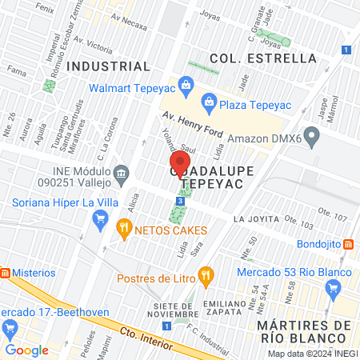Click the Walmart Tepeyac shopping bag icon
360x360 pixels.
pyautogui.click(x=186, y=84)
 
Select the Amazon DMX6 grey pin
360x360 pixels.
pyautogui.click(x=314, y=138)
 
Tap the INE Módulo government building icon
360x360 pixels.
pyautogui.click(x=121, y=172)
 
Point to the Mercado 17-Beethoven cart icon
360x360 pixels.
pyautogui.click(x=10, y=327)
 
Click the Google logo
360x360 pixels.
pyautogui.click(x=26, y=350)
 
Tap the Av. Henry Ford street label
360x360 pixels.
pyautogui.click(x=188, y=121)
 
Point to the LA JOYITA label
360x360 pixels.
pyautogui.click(x=256, y=219)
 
